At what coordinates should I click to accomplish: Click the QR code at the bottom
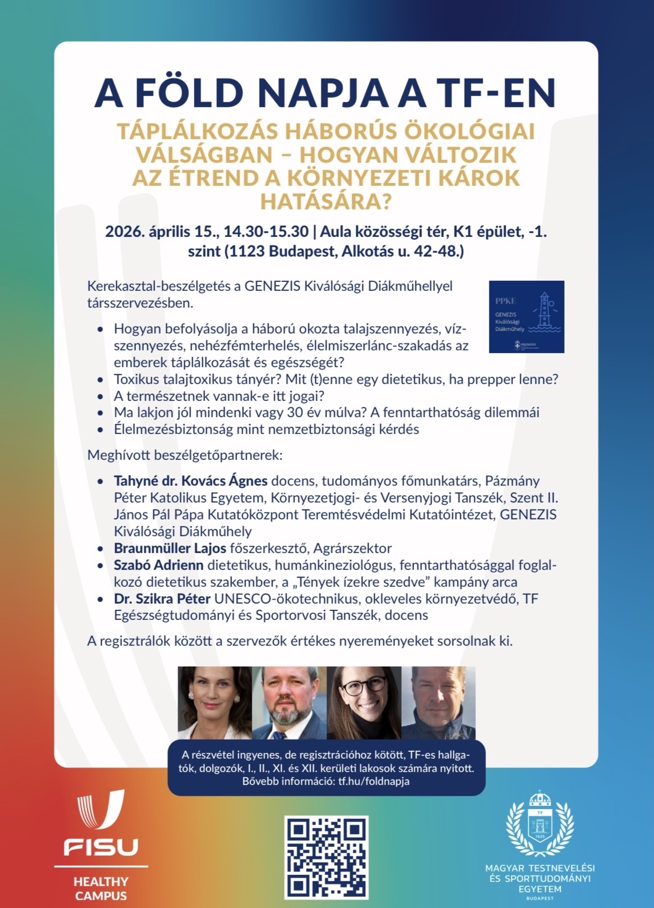pyautogui.click(x=326, y=857)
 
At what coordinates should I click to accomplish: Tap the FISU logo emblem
pyautogui.click(x=101, y=810)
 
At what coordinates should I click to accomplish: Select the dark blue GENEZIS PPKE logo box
pyautogui.click(x=526, y=317)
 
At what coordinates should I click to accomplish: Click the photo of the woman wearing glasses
pyautogui.click(x=364, y=702)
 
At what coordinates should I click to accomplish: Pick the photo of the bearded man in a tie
pyautogui.click(x=289, y=702)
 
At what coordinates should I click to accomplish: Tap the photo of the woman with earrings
pyautogui.click(x=215, y=702)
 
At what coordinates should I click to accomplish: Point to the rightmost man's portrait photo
pyautogui.click(x=439, y=702)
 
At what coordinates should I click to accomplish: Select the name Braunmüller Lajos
pyautogui.click(x=170, y=548)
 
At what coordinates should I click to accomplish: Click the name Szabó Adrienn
pyautogui.click(x=158, y=565)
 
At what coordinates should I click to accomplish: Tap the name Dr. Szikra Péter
pyautogui.click(x=162, y=599)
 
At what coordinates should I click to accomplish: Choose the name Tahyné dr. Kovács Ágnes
pyautogui.click(x=190, y=481)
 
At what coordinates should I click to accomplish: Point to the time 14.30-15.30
pyautogui.click(x=266, y=231)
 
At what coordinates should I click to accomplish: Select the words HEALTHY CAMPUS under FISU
pyautogui.click(x=101, y=888)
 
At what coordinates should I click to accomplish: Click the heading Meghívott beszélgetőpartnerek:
pyautogui.click(x=185, y=455)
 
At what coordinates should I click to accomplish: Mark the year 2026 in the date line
pyautogui.click(x=125, y=231)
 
